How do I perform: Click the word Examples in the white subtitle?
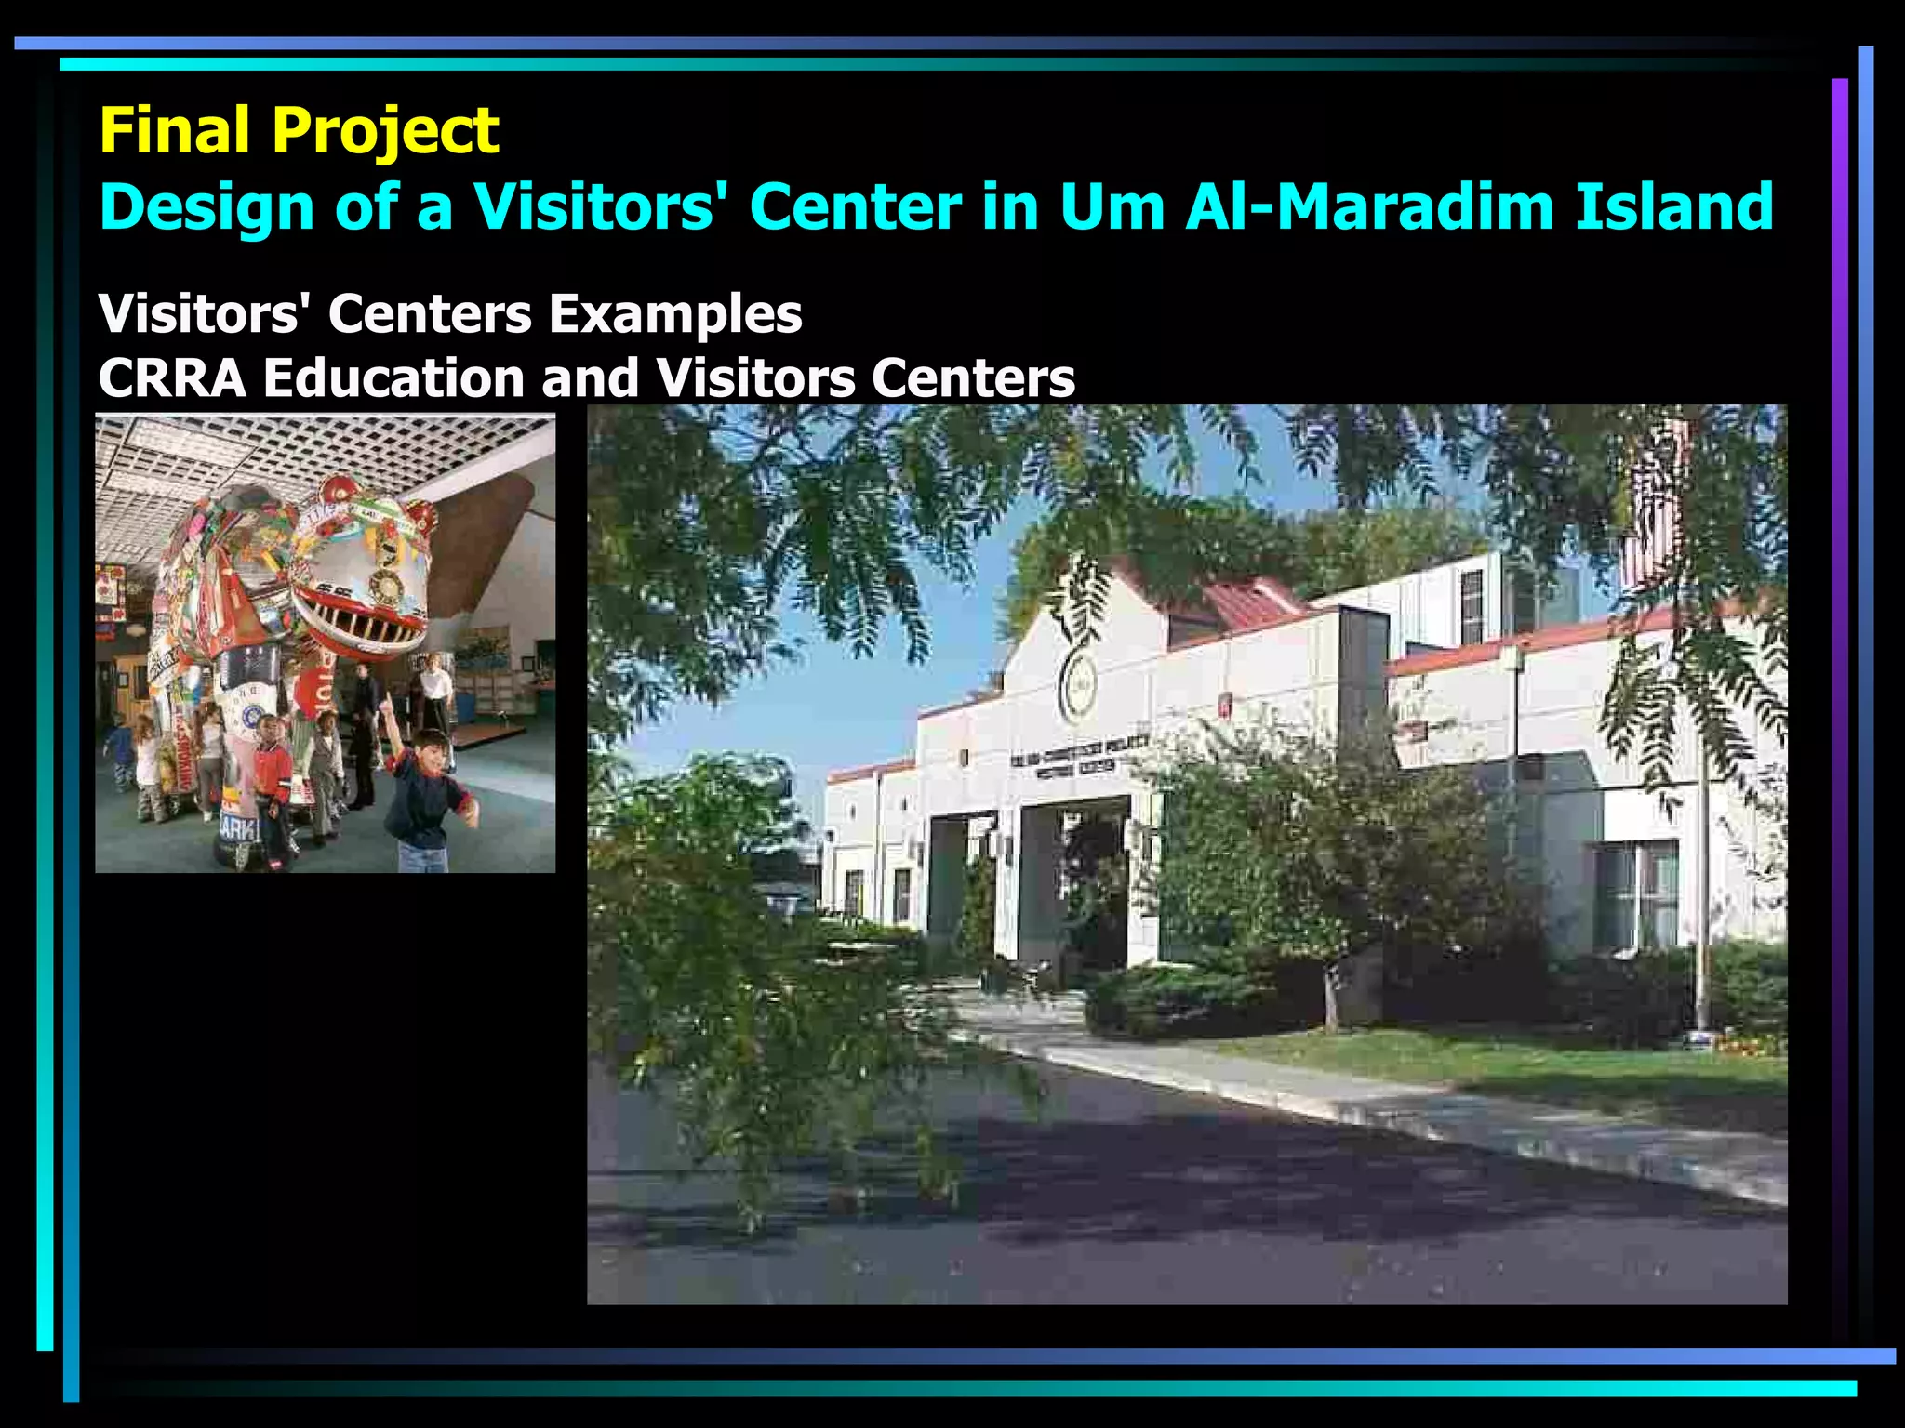[674, 314]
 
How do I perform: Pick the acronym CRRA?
[172, 378]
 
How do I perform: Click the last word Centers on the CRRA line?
[973, 378]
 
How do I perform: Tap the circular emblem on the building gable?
[1078, 685]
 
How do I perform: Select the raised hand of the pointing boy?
[384, 705]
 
